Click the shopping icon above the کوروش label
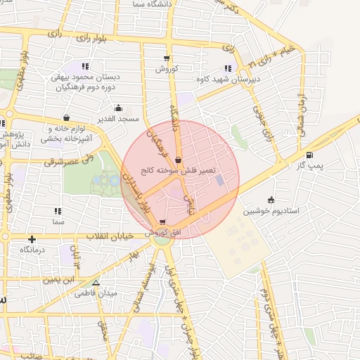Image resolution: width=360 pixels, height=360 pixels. tap(166, 59)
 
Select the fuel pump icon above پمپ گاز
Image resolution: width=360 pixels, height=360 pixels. tap(310, 155)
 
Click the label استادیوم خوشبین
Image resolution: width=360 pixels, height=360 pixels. tap(271, 210)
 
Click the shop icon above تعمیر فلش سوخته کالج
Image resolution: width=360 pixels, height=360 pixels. tap(178, 160)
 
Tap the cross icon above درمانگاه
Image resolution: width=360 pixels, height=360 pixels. tap(32, 239)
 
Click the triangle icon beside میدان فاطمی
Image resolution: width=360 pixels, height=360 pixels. tap(96, 283)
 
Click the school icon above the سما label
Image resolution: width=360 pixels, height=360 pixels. tap(58, 210)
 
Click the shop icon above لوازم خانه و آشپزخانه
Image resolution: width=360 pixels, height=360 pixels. tap(65, 117)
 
